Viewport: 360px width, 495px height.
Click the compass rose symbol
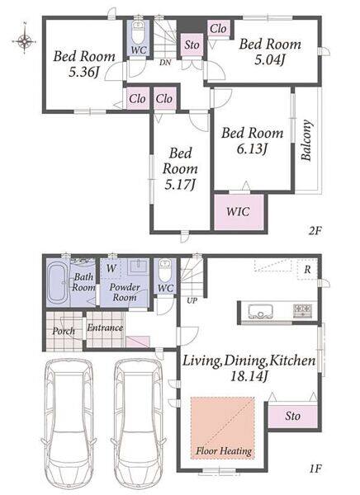(24, 40)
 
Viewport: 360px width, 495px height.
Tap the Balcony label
(306, 140)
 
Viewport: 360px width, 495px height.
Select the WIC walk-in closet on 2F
(239, 211)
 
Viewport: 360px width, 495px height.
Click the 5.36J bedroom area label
(83, 73)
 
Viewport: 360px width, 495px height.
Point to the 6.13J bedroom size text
(252, 148)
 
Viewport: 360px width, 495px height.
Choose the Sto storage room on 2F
(192, 45)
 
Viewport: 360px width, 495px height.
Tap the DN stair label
(165, 63)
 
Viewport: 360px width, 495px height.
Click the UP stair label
(192, 300)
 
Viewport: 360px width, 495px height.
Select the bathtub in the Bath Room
(57, 283)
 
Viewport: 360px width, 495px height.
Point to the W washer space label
(111, 268)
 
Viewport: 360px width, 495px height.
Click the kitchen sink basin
(260, 312)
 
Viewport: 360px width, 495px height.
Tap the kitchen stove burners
(303, 310)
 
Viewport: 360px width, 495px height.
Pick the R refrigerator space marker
(307, 270)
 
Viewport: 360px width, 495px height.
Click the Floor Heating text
(224, 450)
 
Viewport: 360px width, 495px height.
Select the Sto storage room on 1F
(292, 415)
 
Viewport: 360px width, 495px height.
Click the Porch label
(64, 331)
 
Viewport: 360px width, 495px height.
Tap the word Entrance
(105, 328)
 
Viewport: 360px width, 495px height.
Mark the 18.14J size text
(249, 376)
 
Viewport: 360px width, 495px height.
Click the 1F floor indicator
(315, 469)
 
